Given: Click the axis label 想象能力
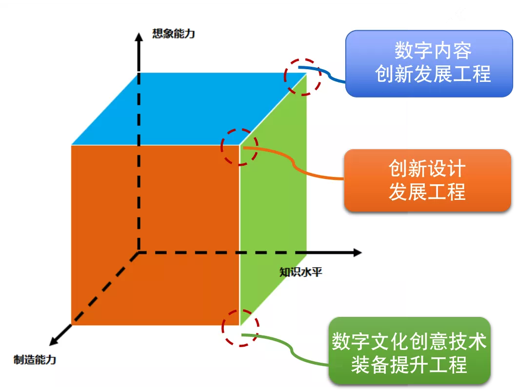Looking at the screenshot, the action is (174, 34).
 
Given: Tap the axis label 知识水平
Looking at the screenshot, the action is (300, 272).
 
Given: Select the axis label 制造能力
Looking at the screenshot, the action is (35, 359).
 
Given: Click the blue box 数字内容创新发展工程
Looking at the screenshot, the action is (429, 63).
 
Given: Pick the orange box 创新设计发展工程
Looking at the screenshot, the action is (427, 180).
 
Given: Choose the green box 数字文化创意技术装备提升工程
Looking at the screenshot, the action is (409, 350).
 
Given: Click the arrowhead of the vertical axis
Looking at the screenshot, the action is (139, 37).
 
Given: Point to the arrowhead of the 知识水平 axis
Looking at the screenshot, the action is (357, 253).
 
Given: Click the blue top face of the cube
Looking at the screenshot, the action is (189, 109).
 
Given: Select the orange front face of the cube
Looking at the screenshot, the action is (155, 235).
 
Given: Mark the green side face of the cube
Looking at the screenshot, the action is (273, 199).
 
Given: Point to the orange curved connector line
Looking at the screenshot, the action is (294, 162).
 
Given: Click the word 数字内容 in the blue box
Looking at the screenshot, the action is (433, 51).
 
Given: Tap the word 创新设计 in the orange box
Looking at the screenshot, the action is (427, 168).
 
